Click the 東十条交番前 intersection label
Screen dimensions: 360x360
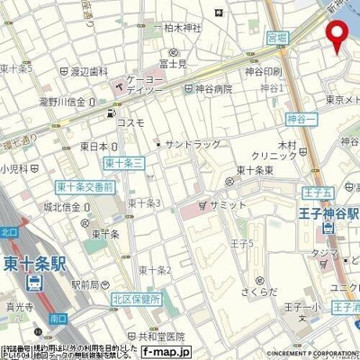click(84, 187)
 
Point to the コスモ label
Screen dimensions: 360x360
click(131, 121)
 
